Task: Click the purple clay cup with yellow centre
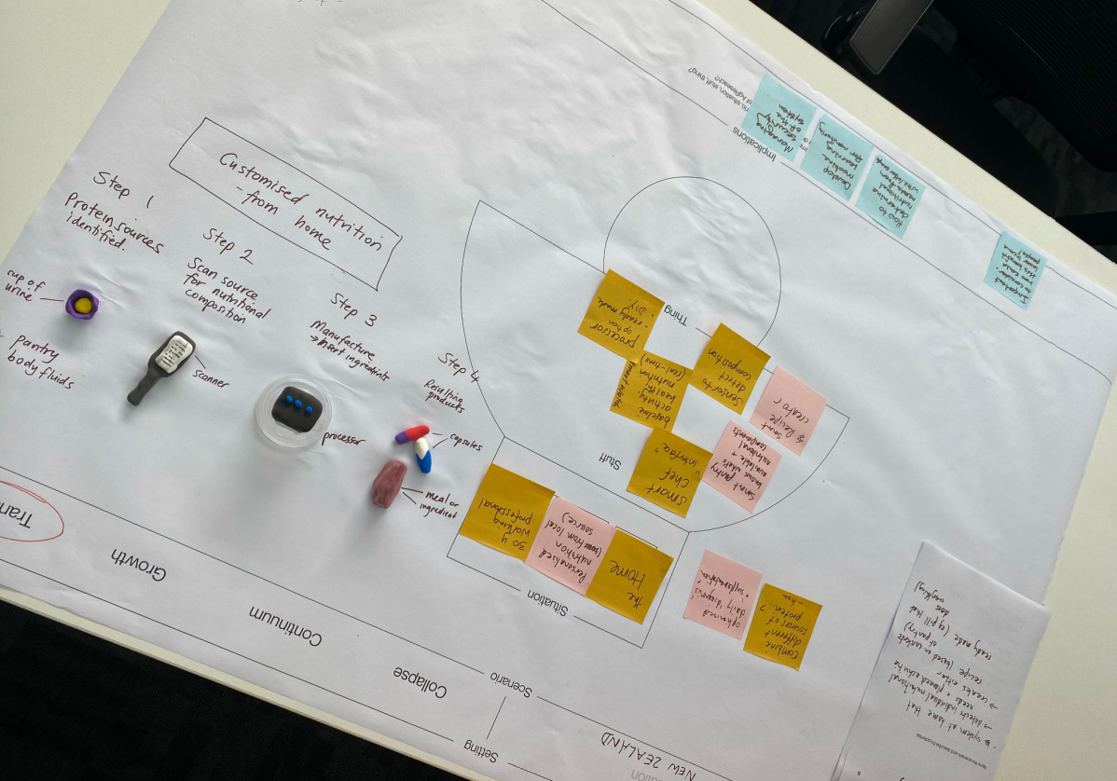point(82,303)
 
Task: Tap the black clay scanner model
point(162,365)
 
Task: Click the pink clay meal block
point(389,484)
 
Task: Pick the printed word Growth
point(139,564)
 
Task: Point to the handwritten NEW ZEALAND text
point(652,753)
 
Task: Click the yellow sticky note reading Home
point(628,575)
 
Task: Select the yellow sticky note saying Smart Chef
point(669,471)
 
